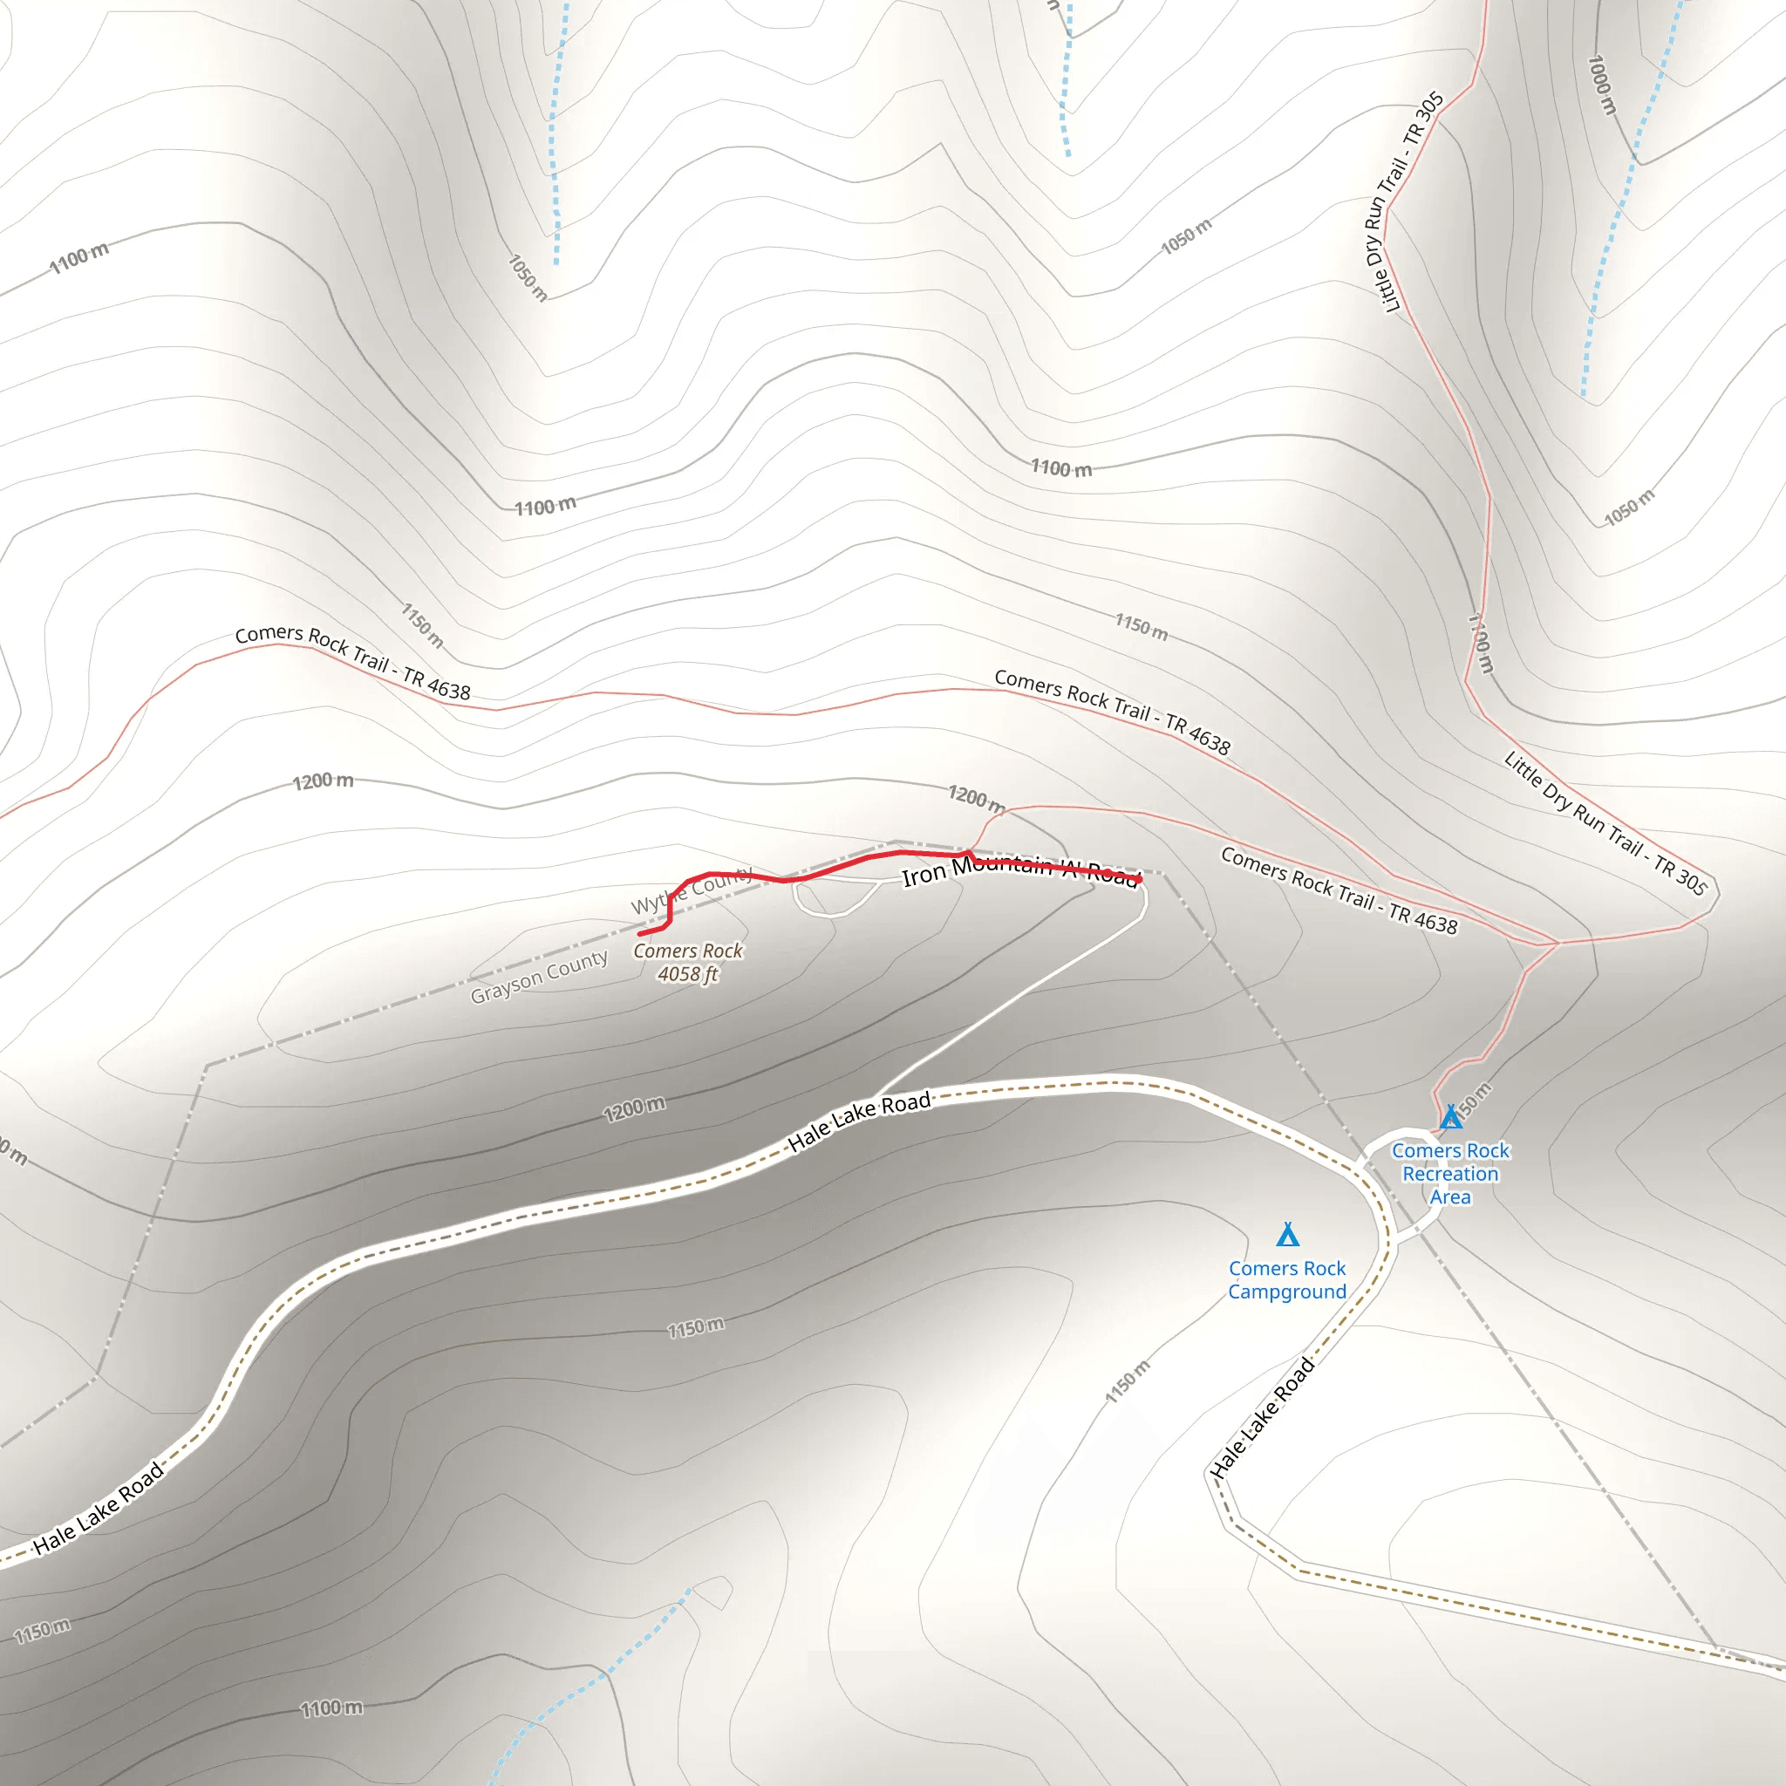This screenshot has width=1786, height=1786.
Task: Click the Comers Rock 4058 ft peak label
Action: pyautogui.click(x=688, y=961)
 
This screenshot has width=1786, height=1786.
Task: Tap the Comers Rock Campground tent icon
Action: pyautogui.click(x=1288, y=1235)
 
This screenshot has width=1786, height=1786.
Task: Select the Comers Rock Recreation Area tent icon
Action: pyautogui.click(x=1450, y=1118)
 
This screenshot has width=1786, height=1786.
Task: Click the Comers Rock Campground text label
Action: pyautogui.click(x=1287, y=1280)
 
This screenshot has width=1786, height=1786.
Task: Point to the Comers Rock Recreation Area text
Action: pyautogui.click(x=1450, y=1174)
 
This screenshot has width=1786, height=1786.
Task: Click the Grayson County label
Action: pyautogui.click(x=539, y=977)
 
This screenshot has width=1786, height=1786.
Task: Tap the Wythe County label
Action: pyautogui.click(x=692, y=890)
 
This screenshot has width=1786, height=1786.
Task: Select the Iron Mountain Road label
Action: pyautogui.click(x=1019, y=869)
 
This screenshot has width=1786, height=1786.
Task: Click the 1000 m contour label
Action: pyautogui.click(x=1601, y=85)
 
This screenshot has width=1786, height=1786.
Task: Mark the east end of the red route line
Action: pyautogui.click(x=1140, y=879)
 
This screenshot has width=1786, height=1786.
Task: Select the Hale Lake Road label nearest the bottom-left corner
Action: pyautogui.click(x=98, y=1509)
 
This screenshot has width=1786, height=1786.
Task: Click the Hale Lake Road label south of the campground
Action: pyautogui.click(x=1263, y=1418)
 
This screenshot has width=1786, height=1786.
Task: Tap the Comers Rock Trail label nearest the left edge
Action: pyautogui.click(x=352, y=661)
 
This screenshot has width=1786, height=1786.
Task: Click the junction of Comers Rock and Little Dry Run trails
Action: pyautogui.click(x=1558, y=943)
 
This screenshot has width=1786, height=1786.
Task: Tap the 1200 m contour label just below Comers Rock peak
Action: pyautogui.click(x=634, y=1108)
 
